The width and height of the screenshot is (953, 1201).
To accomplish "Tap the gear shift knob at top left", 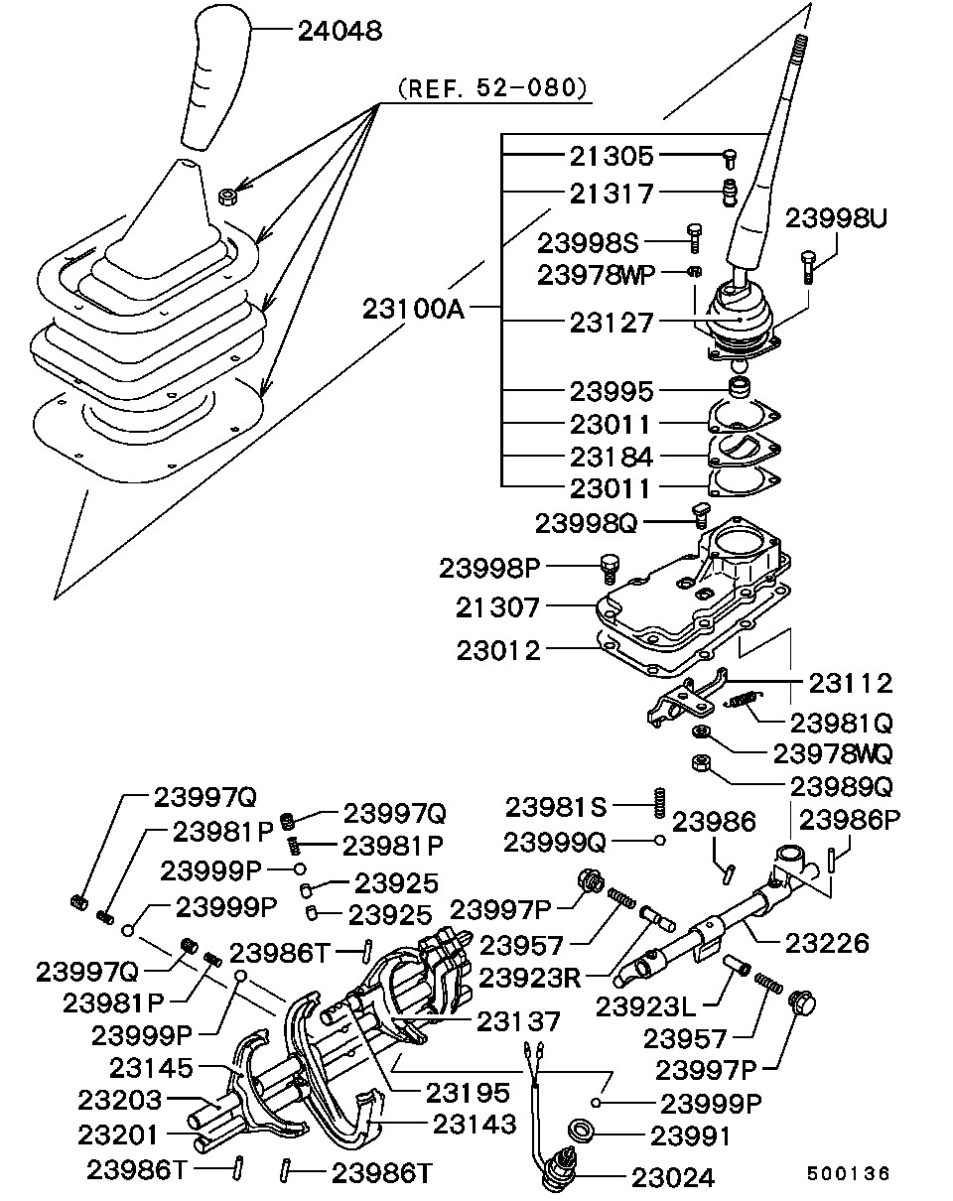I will (212, 84).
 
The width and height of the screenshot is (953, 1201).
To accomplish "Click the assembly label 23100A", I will (414, 308).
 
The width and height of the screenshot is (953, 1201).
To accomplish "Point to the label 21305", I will (612, 156).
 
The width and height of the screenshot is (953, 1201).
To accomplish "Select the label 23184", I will (612, 457).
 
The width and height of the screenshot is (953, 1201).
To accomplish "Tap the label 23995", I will (612, 390).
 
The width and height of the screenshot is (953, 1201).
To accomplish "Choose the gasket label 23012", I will (498, 651).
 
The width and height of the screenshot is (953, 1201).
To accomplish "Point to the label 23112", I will (850, 683).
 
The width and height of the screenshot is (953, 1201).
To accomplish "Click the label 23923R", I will (529, 978).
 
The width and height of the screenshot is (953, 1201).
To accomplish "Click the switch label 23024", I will (672, 1177).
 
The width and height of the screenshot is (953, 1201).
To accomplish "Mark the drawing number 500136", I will (848, 1172).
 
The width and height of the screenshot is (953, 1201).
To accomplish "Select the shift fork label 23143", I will (475, 1124).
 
